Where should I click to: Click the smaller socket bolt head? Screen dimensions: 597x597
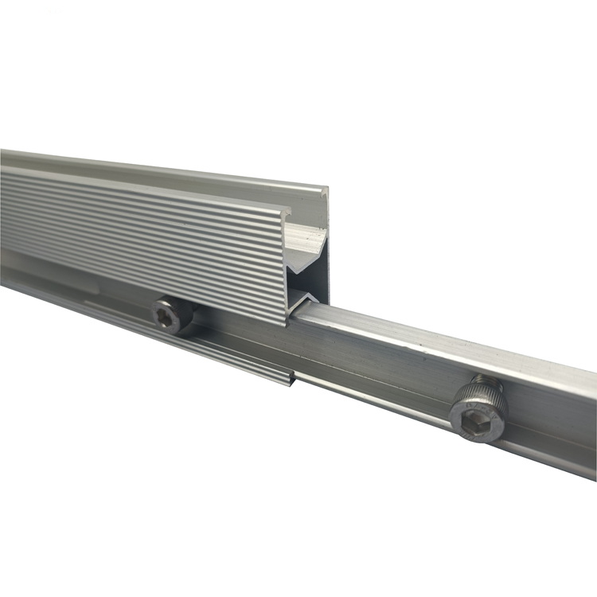[x=173, y=315]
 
